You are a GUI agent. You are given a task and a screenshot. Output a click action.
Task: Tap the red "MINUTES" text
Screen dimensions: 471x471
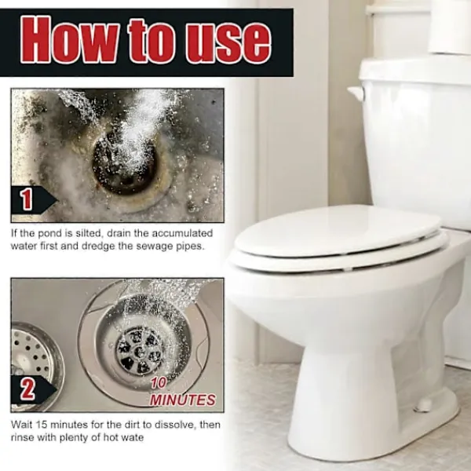coord(183,400)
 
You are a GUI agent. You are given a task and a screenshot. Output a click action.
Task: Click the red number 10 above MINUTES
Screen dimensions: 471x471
coord(159,383)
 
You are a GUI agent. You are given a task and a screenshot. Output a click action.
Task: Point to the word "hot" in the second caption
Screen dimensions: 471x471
coord(111,437)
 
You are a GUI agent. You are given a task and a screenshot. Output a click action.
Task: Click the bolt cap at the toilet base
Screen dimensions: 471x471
coord(422,406)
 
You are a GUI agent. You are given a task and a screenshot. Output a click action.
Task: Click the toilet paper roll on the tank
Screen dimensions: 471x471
coord(449,27)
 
